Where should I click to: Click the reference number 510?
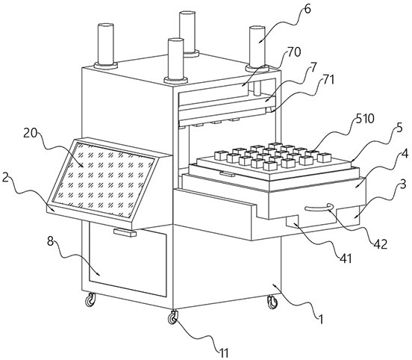coord(365,119)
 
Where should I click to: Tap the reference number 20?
coord(31,134)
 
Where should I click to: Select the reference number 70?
coord(294,52)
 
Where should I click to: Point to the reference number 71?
coord(328,80)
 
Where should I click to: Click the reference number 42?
coord(381,244)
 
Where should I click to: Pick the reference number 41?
coord(346,258)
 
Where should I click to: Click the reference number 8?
coord(51,241)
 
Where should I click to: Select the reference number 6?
coord(308,9)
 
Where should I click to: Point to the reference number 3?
coord(403,184)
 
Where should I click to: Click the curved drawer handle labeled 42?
coord(319,208)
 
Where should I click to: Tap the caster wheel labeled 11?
coord(172,317)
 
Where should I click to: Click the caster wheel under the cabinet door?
coord(90,300)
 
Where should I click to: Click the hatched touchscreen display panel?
coord(104,180)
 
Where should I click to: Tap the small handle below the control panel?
coord(125,233)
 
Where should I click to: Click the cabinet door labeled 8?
coord(128,259)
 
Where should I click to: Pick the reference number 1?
coord(320,319)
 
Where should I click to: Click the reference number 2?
coord(5,178)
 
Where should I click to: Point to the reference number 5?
coord(399,128)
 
